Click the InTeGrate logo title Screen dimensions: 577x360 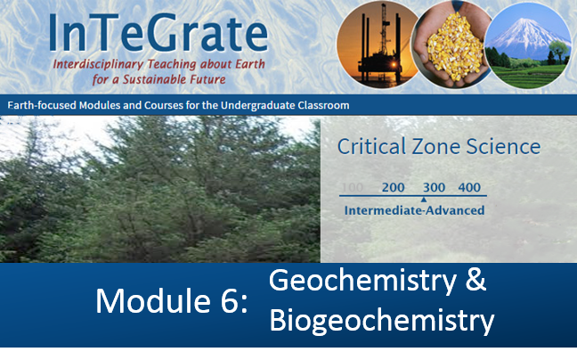[158, 32]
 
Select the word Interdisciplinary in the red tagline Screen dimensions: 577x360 [98, 64]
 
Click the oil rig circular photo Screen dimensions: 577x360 [378, 45]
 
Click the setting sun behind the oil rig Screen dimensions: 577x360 [394, 65]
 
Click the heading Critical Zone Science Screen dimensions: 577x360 [439, 146]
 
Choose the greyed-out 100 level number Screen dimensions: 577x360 [352, 187]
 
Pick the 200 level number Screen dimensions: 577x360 [393, 187]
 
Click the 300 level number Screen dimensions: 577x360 [434, 187]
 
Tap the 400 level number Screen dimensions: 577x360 [469, 187]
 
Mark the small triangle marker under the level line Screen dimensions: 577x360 [424, 200]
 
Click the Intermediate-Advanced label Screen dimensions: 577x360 [414, 210]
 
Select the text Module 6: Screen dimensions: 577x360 [172, 301]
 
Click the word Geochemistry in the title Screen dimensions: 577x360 [362, 282]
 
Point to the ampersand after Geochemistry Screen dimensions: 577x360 [475, 280]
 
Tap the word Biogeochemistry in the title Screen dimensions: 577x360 [382, 321]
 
